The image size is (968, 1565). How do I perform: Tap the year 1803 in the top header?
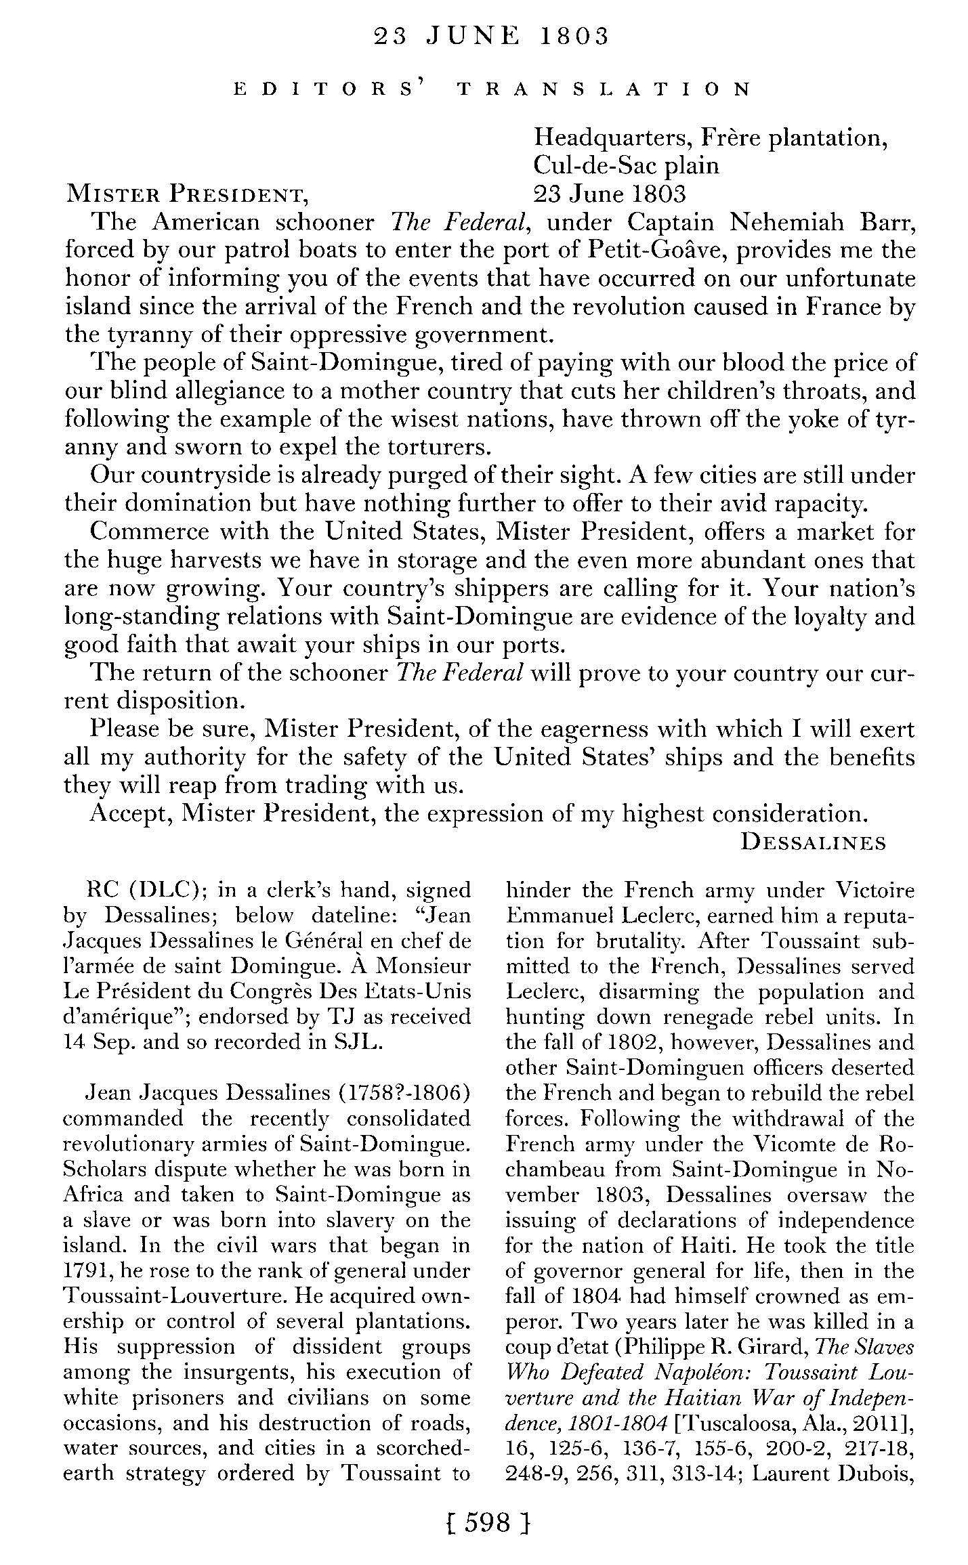click(x=574, y=37)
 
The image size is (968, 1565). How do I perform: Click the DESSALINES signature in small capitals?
click(x=813, y=842)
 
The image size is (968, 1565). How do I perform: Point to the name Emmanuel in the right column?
click(x=555, y=916)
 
